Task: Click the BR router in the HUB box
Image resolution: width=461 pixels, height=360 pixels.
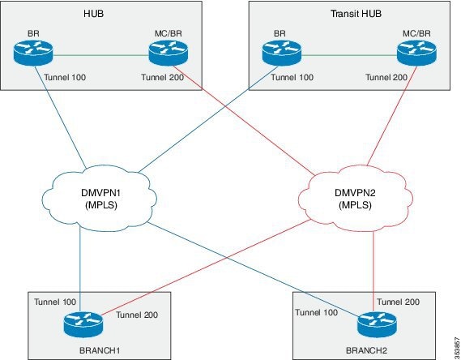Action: pyautogui.click(x=33, y=53)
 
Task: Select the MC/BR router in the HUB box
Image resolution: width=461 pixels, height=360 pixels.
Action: pyautogui.click(x=169, y=53)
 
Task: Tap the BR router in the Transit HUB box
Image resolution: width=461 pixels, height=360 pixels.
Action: pyautogui.click(x=282, y=53)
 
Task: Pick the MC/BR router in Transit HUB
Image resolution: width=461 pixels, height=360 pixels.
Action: pyautogui.click(x=416, y=53)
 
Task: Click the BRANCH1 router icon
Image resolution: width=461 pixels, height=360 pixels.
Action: pyautogui.click(x=83, y=324)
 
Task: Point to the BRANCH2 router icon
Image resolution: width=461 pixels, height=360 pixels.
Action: pyautogui.click(x=377, y=324)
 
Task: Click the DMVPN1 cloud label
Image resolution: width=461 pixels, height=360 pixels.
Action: pyautogui.click(x=101, y=199)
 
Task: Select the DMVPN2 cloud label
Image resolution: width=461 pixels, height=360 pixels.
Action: pyautogui.click(x=355, y=199)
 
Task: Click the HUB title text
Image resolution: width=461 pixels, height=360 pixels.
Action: pyautogui.click(x=93, y=14)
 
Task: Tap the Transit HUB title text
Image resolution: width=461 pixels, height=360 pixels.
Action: pyautogui.click(x=356, y=14)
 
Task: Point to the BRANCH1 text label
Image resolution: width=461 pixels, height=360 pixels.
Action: pyautogui.click(x=100, y=350)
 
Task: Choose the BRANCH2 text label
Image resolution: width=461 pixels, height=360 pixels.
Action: pyautogui.click(x=366, y=350)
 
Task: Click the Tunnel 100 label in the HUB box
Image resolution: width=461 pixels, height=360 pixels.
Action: pyautogui.click(x=65, y=77)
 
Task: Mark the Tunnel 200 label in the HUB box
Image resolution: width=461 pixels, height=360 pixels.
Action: pyautogui.click(x=163, y=77)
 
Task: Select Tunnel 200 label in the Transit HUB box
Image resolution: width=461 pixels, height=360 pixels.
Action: pyautogui.click(x=386, y=77)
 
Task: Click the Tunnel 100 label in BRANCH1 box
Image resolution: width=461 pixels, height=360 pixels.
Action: pyautogui.click(x=55, y=302)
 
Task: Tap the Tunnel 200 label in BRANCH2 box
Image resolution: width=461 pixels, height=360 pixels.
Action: pyautogui.click(x=399, y=302)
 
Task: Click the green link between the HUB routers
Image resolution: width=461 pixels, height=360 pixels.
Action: pyautogui.click(x=100, y=55)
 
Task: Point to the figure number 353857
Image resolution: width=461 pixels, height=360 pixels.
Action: pyautogui.click(x=457, y=346)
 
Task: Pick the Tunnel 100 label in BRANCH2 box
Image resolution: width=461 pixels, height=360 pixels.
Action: pyautogui.click(x=316, y=312)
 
